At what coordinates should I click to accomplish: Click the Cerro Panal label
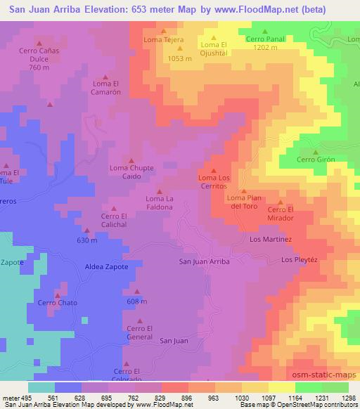tap(265, 39)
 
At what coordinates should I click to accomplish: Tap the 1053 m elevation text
tap(180, 59)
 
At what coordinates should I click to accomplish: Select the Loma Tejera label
tap(164, 39)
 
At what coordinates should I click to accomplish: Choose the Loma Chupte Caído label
tap(131, 172)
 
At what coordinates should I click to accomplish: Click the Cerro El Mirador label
tap(280, 214)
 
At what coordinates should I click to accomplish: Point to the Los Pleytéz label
tap(300, 260)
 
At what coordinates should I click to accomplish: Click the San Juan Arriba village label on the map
tap(205, 261)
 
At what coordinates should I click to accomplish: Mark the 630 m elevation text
tap(87, 240)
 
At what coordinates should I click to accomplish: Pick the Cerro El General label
tap(139, 332)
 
